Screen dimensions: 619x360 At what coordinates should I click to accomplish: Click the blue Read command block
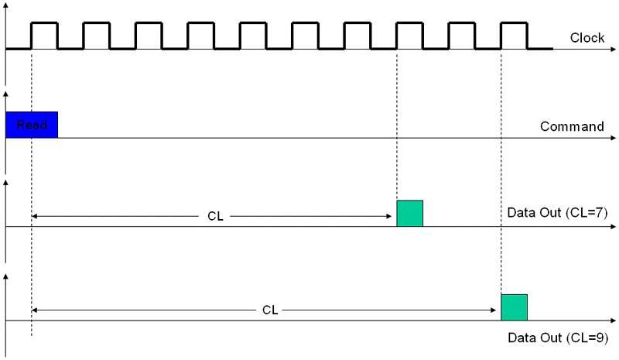[31, 125]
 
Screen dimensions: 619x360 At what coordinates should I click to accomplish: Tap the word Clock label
[587, 37]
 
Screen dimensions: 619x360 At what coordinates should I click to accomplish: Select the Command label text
[571, 126]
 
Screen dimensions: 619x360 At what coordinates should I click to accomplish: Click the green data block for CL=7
[409, 213]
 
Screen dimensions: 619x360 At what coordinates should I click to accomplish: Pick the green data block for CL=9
[514, 307]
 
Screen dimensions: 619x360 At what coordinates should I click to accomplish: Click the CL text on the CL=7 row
[216, 217]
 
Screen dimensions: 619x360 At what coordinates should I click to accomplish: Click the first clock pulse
[44, 35]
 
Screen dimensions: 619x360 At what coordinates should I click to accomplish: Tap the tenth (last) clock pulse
[514, 35]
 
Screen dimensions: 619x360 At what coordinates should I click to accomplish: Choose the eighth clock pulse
[409, 35]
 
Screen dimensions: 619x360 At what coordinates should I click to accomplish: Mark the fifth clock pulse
[253, 35]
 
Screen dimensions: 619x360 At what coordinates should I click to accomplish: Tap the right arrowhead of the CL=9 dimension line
[495, 310]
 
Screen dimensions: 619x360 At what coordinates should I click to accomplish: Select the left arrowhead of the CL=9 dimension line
[36, 310]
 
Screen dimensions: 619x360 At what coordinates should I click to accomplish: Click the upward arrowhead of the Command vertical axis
[6, 95]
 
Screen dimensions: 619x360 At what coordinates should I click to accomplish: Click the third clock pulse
[149, 35]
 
